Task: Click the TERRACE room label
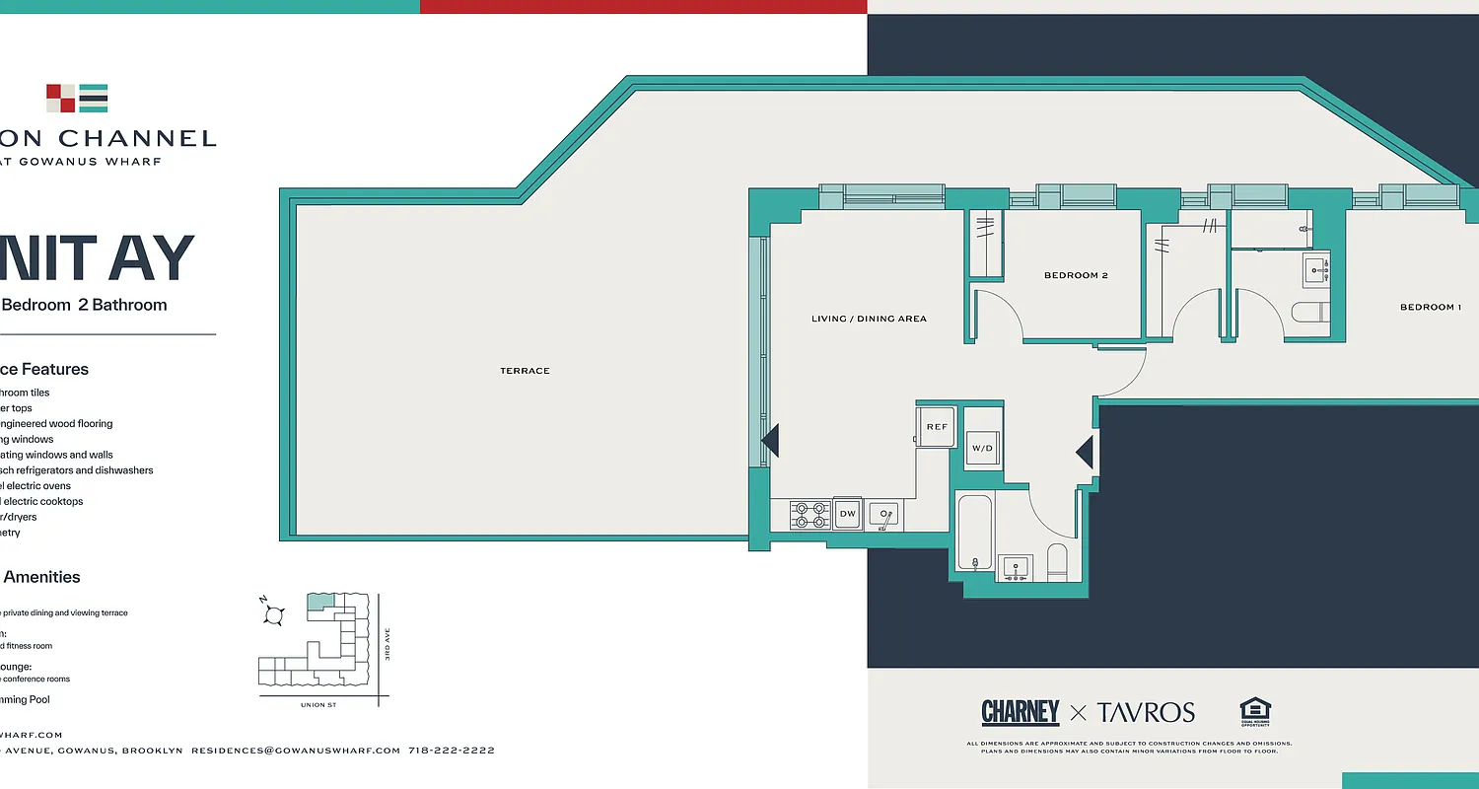click(525, 371)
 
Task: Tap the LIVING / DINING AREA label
click(869, 319)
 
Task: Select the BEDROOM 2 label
click(1076, 275)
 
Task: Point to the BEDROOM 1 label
click(1431, 308)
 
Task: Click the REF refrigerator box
click(937, 427)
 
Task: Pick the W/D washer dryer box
click(982, 449)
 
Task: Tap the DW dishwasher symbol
click(847, 514)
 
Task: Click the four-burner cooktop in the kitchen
click(810, 515)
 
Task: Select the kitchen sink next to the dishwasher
click(883, 515)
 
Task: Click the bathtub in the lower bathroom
click(975, 534)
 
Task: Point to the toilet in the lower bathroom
click(1057, 561)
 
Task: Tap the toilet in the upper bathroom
click(1310, 313)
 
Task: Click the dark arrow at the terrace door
click(770, 441)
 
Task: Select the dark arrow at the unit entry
click(1085, 453)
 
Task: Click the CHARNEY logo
click(1020, 712)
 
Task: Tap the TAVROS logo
click(1146, 712)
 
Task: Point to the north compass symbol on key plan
click(274, 614)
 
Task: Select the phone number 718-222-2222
click(451, 751)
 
